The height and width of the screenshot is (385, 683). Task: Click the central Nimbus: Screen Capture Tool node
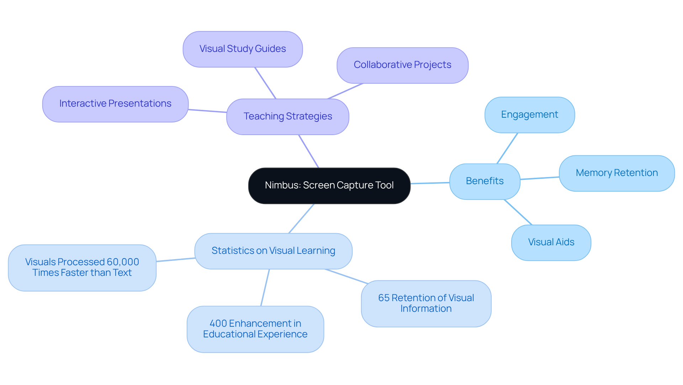[329, 186]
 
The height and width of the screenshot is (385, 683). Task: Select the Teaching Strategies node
[287, 117]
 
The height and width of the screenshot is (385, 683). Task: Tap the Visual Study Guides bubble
[243, 49]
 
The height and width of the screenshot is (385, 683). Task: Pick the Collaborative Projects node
[402, 65]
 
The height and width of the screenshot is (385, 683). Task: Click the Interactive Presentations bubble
[115, 104]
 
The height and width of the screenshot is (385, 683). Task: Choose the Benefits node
[485, 181]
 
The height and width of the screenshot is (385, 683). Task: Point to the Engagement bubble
[529, 115]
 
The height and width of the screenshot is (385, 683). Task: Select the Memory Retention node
[616, 173]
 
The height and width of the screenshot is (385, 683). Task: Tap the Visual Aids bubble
[551, 242]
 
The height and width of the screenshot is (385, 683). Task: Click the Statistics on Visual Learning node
[273, 251]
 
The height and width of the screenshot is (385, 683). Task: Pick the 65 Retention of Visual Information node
[426, 303]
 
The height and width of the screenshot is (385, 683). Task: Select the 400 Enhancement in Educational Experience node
[255, 329]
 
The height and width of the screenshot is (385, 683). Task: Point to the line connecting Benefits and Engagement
[507, 148]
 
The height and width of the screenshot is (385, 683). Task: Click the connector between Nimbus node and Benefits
[430, 183]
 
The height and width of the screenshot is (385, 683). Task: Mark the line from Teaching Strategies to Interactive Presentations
[207, 111]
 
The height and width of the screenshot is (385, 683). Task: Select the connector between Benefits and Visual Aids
[518, 212]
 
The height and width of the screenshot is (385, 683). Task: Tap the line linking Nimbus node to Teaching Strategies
[309, 151]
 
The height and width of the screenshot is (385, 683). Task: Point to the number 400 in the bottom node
[218, 323]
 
